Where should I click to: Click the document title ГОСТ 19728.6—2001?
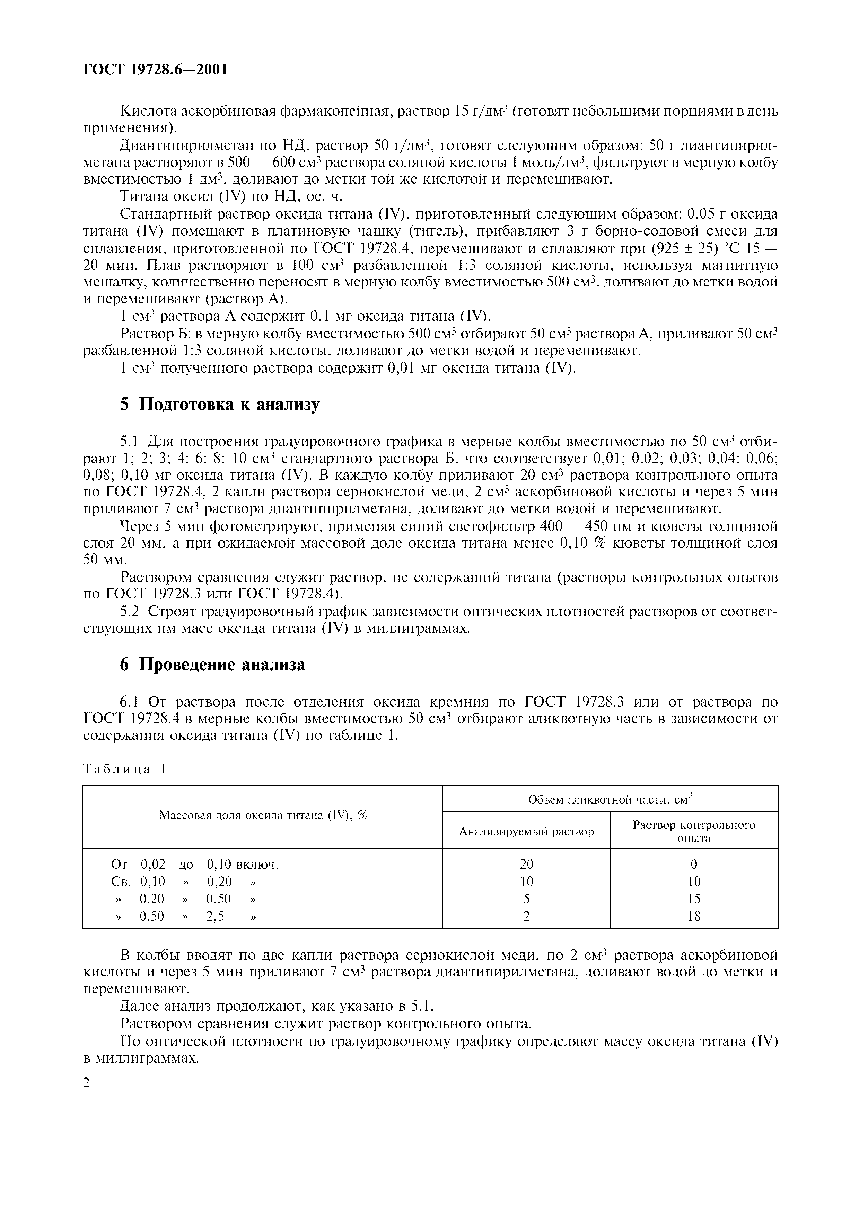pos(155,69)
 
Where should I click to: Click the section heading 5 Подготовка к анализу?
pos(220,404)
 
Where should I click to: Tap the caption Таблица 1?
pos(125,769)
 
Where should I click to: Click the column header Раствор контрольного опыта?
pos(694,831)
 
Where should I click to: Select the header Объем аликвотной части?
pos(610,799)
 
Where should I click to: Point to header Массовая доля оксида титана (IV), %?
pos(263,815)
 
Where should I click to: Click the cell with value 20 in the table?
pos(527,864)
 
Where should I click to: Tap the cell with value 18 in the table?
pos(694,916)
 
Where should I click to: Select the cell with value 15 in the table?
pos(694,898)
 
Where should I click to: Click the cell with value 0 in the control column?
pos(694,864)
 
